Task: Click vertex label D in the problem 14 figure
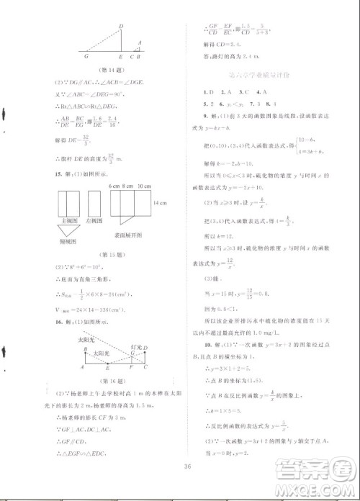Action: (x=121, y=26)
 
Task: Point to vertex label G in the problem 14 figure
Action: (x=86, y=55)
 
